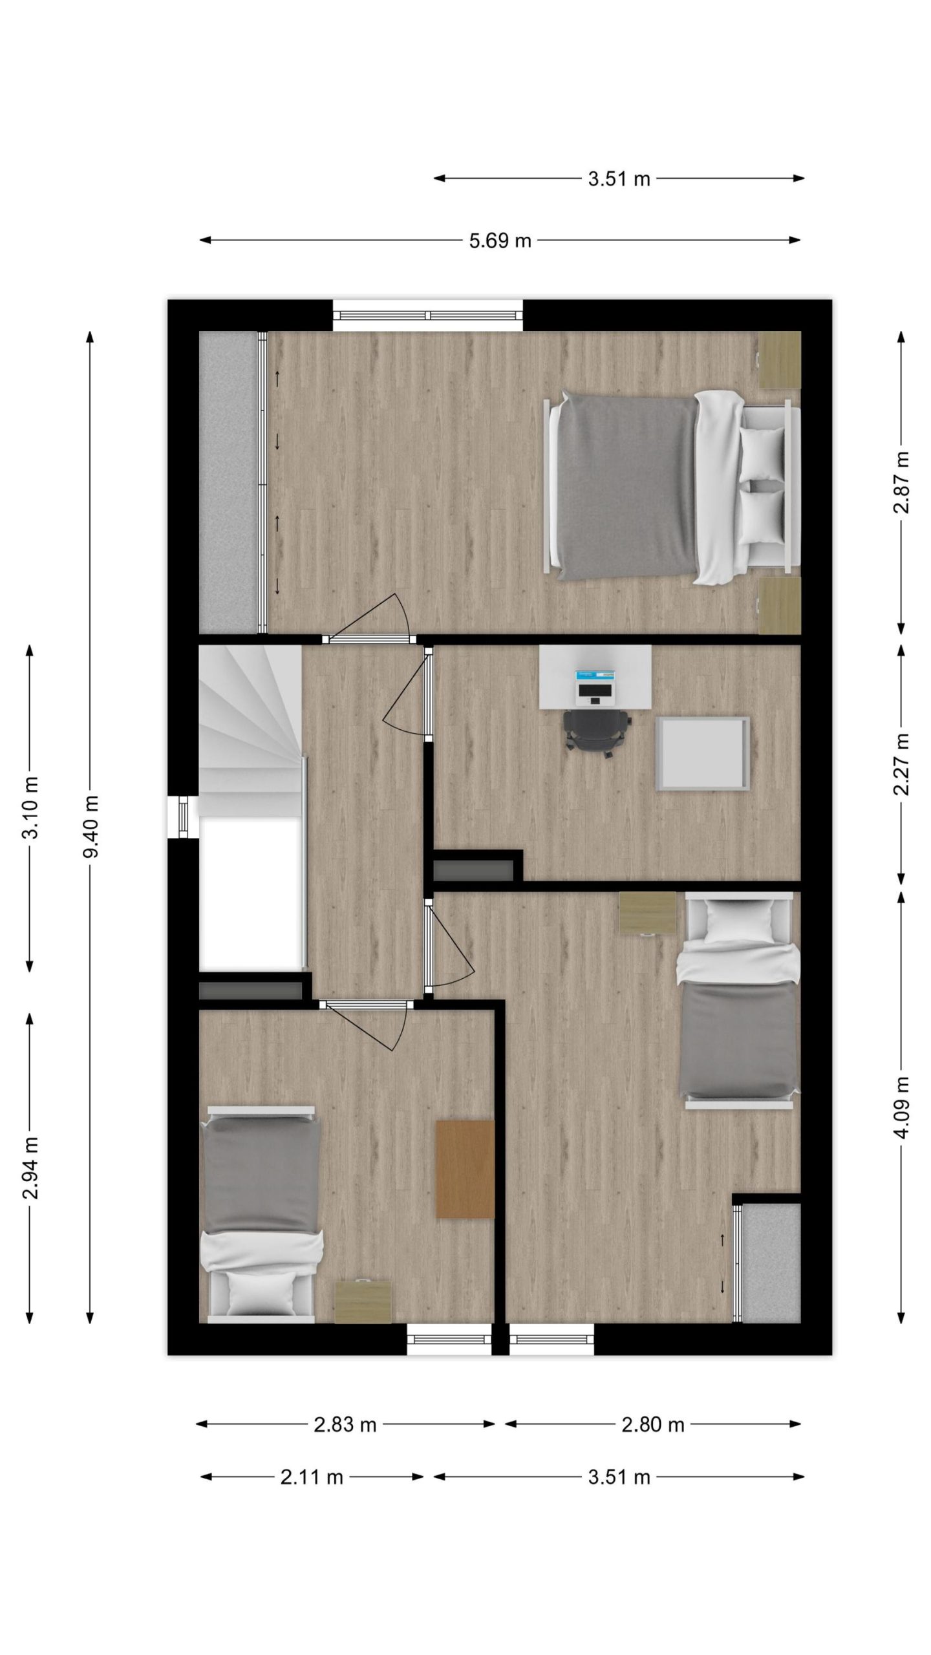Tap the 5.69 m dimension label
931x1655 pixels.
click(500, 241)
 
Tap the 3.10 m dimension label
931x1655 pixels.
click(30, 807)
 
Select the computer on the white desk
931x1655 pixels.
click(595, 686)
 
